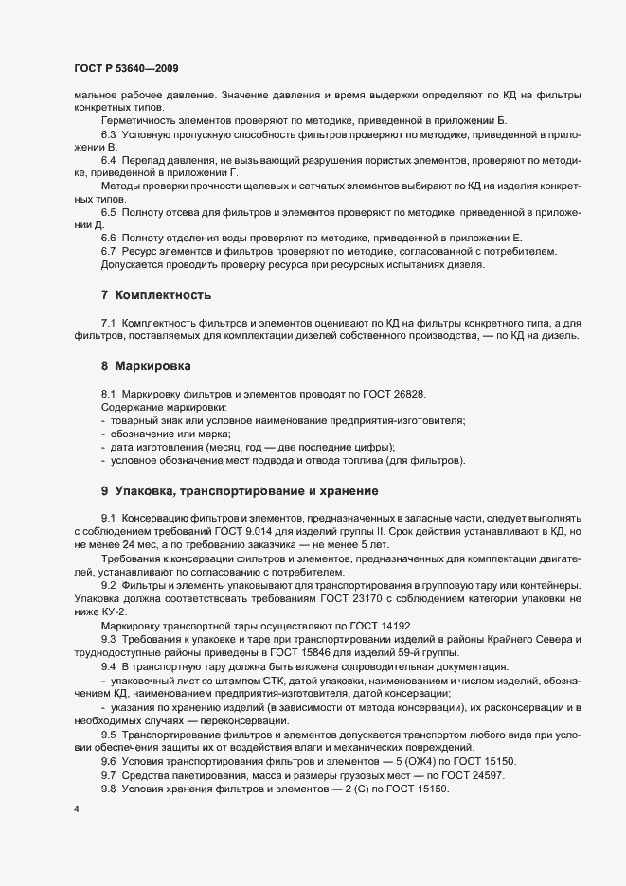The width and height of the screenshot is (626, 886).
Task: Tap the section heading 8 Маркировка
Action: (151, 364)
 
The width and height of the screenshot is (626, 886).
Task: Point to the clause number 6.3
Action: (109, 135)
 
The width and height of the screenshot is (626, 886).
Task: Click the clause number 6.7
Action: (109, 251)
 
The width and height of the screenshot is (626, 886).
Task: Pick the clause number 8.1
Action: (109, 392)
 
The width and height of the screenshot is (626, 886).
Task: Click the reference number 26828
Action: (398, 392)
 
